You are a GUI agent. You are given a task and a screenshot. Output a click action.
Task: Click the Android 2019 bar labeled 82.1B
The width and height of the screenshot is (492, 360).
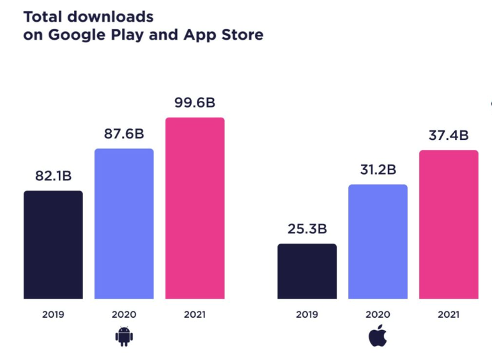pos(53,245)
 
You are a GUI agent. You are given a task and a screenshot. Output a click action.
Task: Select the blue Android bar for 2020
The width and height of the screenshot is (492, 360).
pos(124,224)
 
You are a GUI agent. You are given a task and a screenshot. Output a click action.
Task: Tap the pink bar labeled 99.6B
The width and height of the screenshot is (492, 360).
pos(195,208)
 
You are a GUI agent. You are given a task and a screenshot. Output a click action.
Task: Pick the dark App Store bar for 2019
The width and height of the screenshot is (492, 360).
pos(307,271)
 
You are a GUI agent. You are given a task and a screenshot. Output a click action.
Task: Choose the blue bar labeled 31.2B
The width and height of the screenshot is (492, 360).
pos(378,242)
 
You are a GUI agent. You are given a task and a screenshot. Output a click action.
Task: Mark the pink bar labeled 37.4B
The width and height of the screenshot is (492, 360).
pos(449,224)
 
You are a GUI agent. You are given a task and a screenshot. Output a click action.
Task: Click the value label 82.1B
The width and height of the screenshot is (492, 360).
pos(53,176)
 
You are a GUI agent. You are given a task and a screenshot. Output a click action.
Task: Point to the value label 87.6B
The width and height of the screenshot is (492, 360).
pos(124,134)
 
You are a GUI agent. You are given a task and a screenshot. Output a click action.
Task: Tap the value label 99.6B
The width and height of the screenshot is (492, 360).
pos(195,102)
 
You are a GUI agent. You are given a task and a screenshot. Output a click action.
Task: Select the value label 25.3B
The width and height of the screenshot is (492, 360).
pos(307,228)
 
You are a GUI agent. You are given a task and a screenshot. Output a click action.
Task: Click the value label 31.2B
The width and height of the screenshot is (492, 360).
pos(378,169)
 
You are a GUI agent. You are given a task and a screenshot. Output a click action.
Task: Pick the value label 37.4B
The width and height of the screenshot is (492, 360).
pos(449,135)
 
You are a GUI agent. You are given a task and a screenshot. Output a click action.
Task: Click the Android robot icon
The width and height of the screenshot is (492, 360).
pos(123,336)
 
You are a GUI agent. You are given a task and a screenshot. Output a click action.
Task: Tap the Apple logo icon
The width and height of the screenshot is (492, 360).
pos(378,336)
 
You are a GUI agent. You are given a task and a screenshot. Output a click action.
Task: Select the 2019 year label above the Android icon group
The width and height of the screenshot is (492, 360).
pos(53,315)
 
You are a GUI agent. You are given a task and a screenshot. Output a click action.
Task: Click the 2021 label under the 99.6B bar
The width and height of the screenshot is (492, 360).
pos(195,315)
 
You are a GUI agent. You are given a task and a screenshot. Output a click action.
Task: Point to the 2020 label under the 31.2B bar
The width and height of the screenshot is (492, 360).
pos(378,315)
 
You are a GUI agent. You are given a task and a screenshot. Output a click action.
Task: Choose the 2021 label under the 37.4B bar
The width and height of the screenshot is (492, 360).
pos(449,315)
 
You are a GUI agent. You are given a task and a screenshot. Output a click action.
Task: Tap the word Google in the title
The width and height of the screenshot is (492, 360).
pos(75,35)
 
